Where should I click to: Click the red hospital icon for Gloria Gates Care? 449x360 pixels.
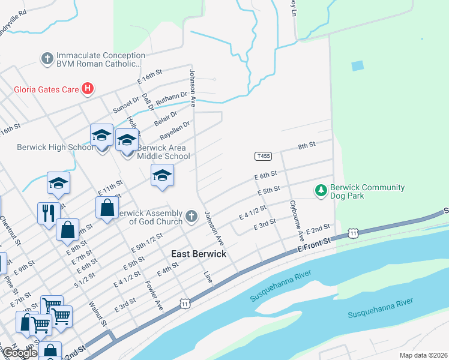[x=88, y=89]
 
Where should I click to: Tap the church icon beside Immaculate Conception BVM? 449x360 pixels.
[x=47, y=59]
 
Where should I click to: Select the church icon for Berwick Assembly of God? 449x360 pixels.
[x=191, y=216]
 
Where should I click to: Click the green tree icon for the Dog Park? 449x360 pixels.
[x=321, y=191]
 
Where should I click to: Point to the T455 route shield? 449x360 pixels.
[x=263, y=156]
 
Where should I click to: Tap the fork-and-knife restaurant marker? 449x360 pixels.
[x=49, y=213]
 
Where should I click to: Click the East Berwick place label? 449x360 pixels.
[x=199, y=254]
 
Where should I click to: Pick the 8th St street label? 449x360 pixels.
[x=307, y=146]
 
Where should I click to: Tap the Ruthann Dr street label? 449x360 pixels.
[x=172, y=98]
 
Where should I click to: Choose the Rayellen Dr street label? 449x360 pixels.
[x=175, y=130]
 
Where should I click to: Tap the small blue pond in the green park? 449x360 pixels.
[x=357, y=65]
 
